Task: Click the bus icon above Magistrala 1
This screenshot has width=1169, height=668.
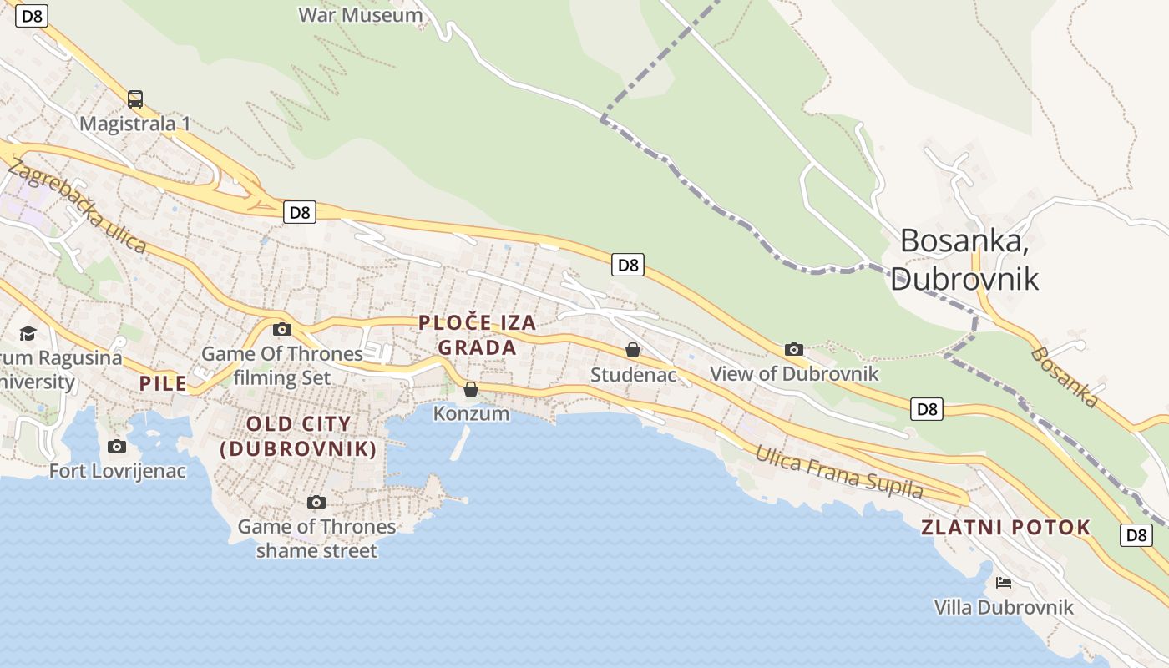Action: point(135,99)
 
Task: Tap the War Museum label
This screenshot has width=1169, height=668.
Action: point(360,14)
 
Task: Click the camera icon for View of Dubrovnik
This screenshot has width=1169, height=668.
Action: point(793,349)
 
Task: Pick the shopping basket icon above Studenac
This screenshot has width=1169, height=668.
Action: point(633,350)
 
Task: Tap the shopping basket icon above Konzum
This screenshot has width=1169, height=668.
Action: point(471,389)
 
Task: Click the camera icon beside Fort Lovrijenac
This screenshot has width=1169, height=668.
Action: point(117,446)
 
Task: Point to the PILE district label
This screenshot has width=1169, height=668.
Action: point(164,384)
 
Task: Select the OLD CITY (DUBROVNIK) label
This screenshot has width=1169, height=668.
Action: point(298,436)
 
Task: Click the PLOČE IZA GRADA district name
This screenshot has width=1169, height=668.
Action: point(477,334)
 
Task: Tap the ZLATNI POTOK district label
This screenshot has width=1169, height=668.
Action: point(1005,527)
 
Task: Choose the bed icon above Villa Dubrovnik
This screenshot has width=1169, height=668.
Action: point(1004,582)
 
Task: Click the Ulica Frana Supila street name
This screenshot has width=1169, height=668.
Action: point(839,472)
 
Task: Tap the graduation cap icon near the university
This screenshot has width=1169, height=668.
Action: point(28,334)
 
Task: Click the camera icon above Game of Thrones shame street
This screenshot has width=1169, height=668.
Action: point(316,502)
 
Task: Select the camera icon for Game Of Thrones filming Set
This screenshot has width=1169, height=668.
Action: point(282,329)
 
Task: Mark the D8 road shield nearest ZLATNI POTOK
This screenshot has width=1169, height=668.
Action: point(1136,535)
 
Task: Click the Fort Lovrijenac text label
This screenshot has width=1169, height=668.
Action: point(117,471)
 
